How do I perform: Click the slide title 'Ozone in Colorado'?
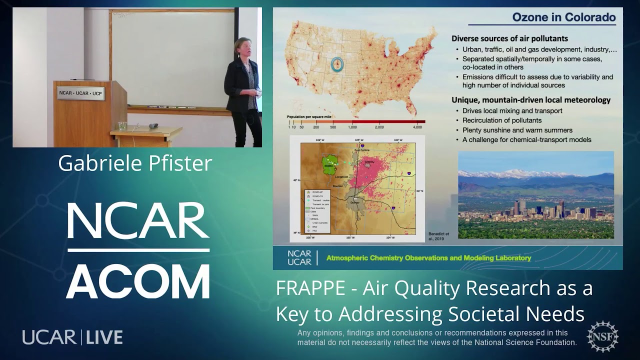(x=563, y=17)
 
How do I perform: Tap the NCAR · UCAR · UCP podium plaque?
(x=80, y=93)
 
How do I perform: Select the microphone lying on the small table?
(x=153, y=125)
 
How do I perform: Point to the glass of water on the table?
(x=122, y=126)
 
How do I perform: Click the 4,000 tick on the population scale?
(x=417, y=127)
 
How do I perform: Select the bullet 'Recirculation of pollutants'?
(x=502, y=120)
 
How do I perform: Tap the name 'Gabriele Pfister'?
(x=135, y=163)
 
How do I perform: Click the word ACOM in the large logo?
(x=138, y=281)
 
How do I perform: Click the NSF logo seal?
(x=602, y=336)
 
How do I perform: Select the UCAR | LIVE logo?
(x=72, y=337)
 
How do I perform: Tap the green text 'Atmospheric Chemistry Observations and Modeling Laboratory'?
(x=428, y=258)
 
